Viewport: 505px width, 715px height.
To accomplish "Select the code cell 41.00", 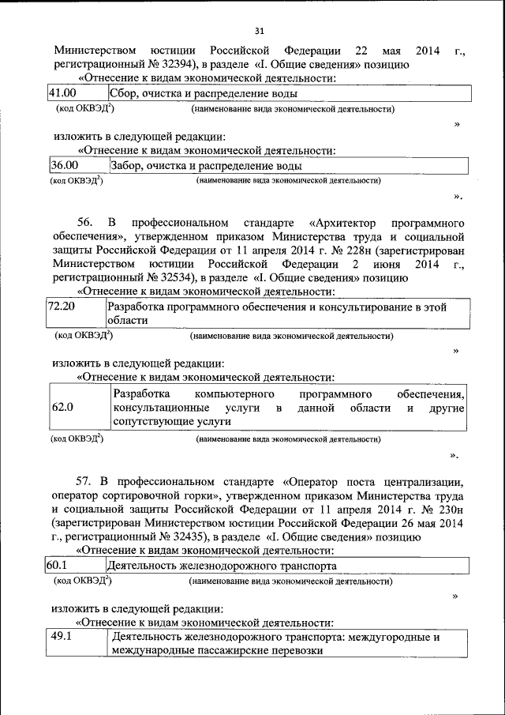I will pyautogui.click(x=62, y=94).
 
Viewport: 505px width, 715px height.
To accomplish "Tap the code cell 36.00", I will pyautogui.click(x=64, y=166).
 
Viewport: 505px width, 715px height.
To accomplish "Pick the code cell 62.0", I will pyautogui.click(x=62, y=408).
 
